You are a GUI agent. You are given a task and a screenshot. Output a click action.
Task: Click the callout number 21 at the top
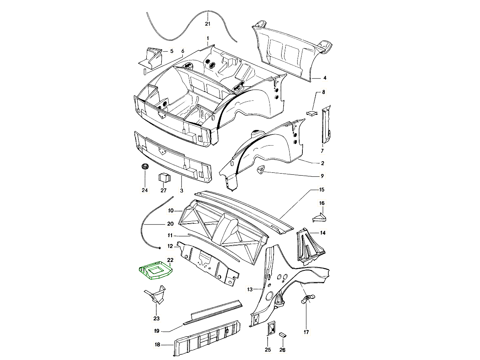click(x=207, y=24)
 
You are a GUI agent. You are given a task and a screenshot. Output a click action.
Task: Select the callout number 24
click(x=144, y=190)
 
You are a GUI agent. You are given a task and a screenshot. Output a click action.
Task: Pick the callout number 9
click(x=322, y=176)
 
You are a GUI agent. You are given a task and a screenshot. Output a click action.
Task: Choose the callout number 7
click(x=322, y=151)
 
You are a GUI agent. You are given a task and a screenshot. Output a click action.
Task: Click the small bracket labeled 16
click(x=320, y=217)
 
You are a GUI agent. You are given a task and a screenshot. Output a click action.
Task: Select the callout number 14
click(x=323, y=232)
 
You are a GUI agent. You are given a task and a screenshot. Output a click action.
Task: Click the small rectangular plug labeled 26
click(x=283, y=334)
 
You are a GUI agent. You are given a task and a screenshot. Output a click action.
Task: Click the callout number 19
click(x=157, y=331)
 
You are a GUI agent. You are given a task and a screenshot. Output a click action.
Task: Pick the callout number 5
click(x=171, y=51)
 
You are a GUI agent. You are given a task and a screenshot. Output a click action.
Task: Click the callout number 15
click(x=322, y=190)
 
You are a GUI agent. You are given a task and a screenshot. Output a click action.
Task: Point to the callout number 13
click(x=250, y=289)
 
